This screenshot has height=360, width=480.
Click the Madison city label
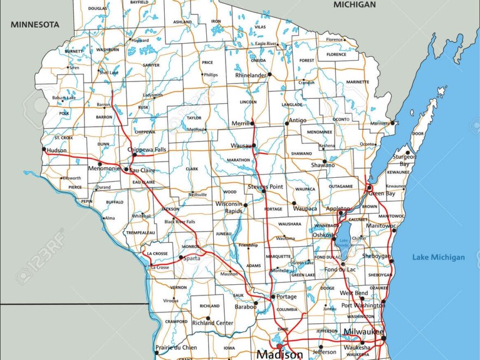click(x=280, y=355)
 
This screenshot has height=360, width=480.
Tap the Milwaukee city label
click(x=363, y=332)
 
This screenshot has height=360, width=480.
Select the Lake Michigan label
click(x=439, y=257)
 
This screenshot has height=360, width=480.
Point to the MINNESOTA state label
click(x=34, y=25)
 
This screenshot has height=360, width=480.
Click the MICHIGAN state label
click(x=355, y=4)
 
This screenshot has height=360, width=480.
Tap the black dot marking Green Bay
click(x=369, y=188)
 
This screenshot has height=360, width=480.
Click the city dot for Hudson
click(x=43, y=148)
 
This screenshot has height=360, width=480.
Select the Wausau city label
click(x=241, y=146)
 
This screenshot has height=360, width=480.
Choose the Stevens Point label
click(x=266, y=187)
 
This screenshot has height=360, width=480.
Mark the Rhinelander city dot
click(x=269, y=74)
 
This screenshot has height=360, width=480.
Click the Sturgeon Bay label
click(x=404, y=160)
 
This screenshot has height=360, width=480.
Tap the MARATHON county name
click(x=238, y=160)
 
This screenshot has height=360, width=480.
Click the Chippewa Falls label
click(x=147, y=149)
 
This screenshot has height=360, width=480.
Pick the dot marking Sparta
click(x=181, y=257)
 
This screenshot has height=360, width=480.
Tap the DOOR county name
click(x=418, y=133)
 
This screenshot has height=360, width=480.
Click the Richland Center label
click(x=213, y=323)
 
